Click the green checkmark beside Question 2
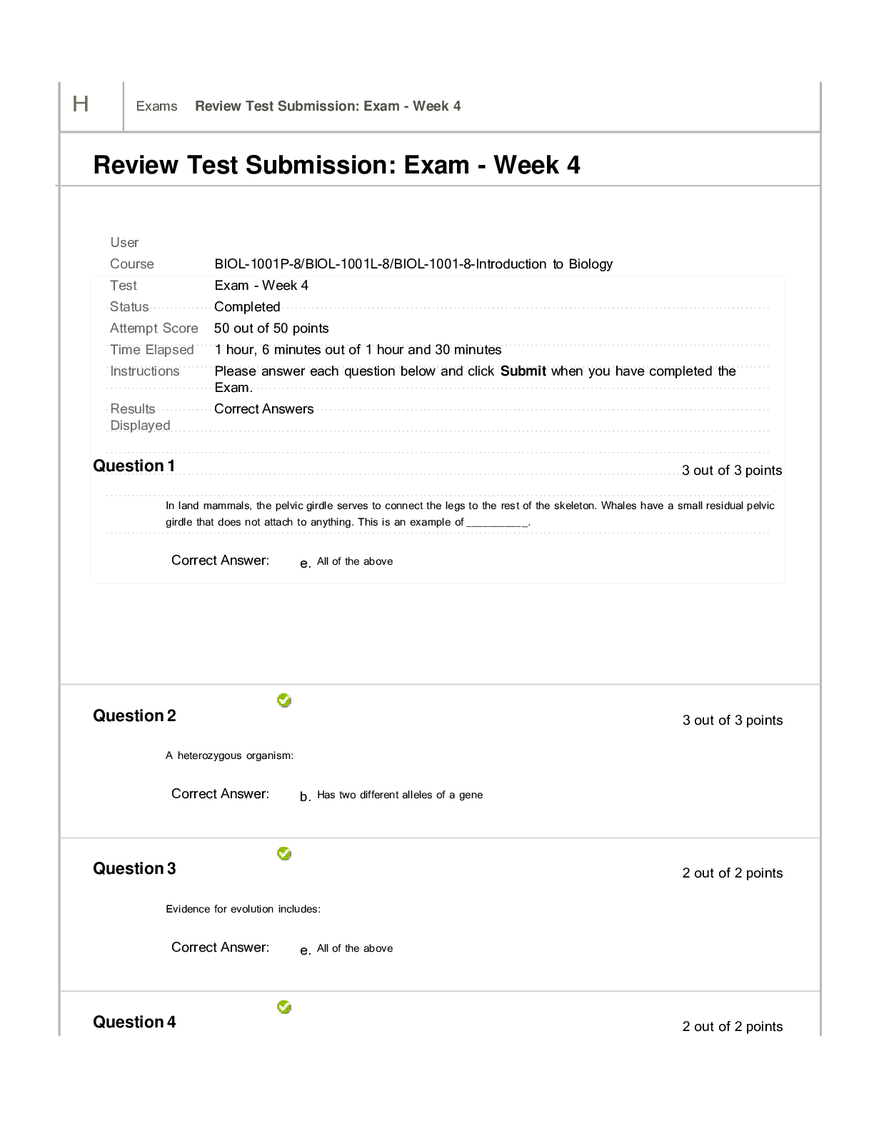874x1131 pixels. (283, 700)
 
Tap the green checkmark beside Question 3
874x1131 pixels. (283, 853)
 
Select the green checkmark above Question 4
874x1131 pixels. (283, 1007)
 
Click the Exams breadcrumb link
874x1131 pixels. (156, 106)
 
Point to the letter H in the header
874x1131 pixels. (80, 104)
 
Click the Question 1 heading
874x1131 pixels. (134, 466)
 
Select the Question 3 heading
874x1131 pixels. (134, 868)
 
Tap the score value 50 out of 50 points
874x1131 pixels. (271, 328)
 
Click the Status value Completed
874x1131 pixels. (247, 307)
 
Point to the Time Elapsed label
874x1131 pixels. (151, 350)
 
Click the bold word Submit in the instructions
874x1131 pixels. (523, 371)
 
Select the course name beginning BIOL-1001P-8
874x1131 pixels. (413, 264)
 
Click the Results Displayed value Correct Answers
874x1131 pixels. (264, 409)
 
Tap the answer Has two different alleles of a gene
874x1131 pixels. (400, 795)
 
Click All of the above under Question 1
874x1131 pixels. (355, 561)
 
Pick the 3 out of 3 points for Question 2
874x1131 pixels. (733, 720)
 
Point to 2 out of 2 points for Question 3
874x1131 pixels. (733, 873)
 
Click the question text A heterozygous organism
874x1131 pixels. (229, 755)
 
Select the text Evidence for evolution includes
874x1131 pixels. (243, 909)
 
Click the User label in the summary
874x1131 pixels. (124, 243)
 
